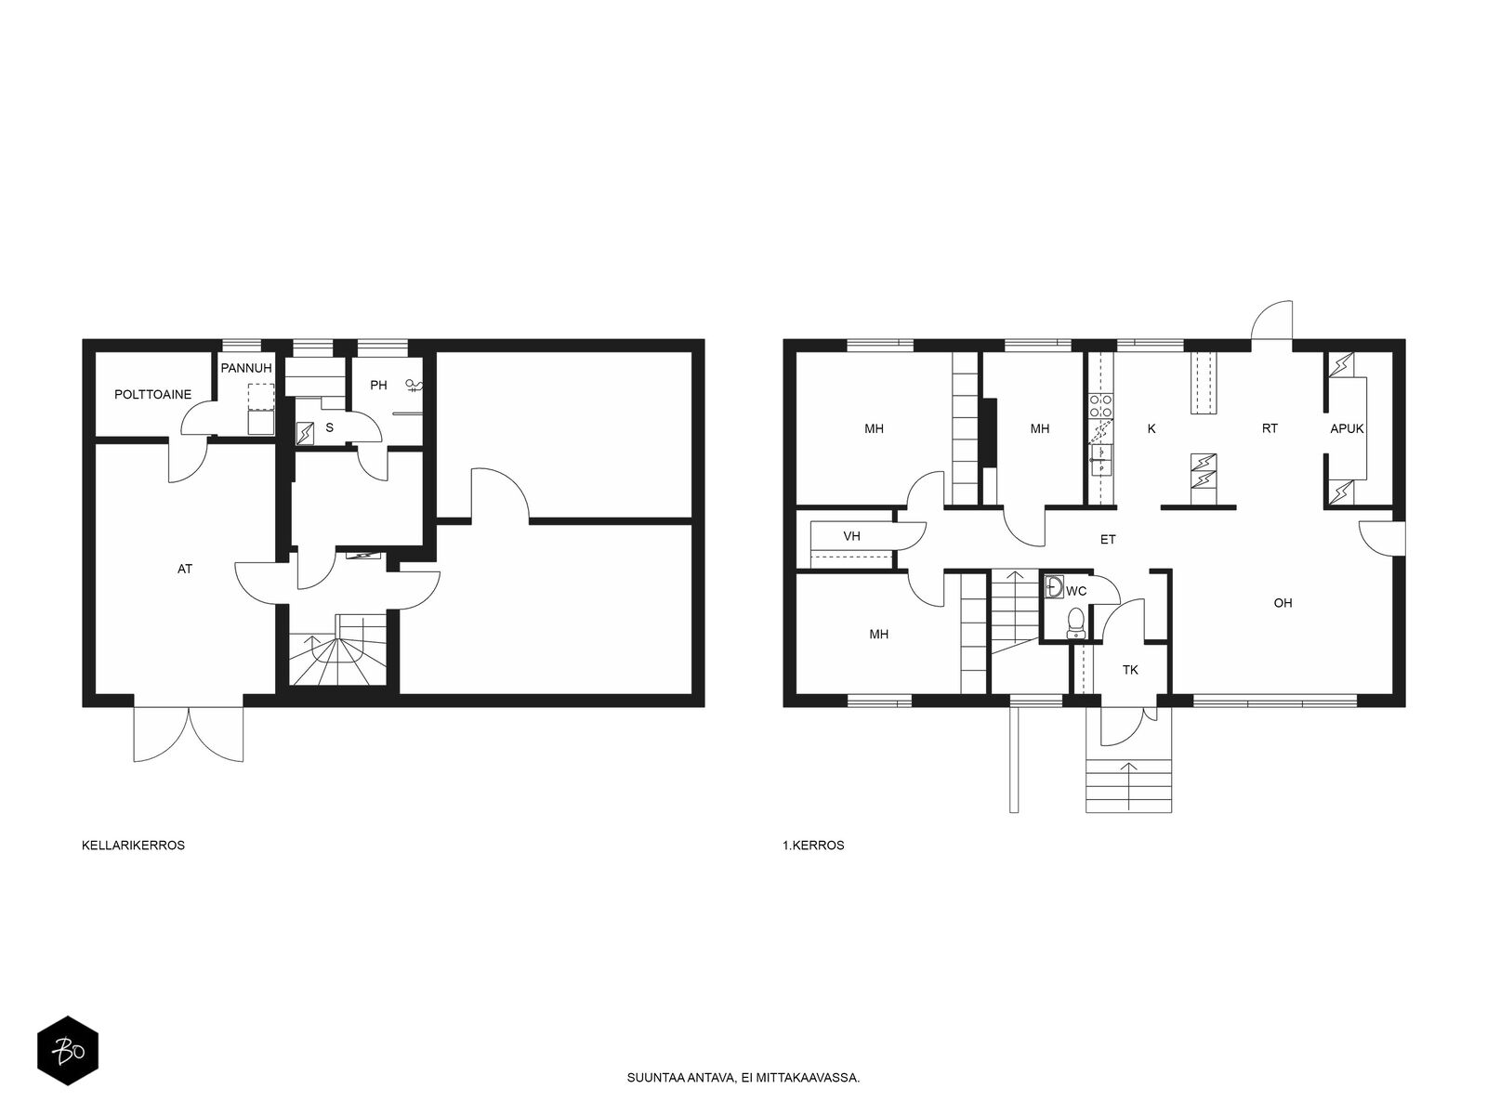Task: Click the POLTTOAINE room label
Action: point(152,394)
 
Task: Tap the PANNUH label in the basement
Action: point(246,368)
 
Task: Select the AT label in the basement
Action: point(184,569)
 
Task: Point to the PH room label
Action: point(378,386)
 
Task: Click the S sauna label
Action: point(329,427)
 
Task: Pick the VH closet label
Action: point(851,536)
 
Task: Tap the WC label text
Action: point(1076,591)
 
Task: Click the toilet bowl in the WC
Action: point(1075,623)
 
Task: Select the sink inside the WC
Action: point(1054,586)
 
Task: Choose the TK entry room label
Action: point(1130,670)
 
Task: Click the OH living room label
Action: point(1283,602)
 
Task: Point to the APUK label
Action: point(1347,428)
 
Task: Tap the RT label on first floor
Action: point(1270,428)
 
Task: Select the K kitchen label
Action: point(1151,428)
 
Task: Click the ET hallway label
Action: point(1108,540)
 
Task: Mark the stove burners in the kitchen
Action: point(1100,405)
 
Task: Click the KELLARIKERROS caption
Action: point(133,846)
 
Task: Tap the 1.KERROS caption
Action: point(813,846)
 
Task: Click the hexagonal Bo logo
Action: point(68,1051)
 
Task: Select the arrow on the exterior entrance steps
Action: point(1128,786)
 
